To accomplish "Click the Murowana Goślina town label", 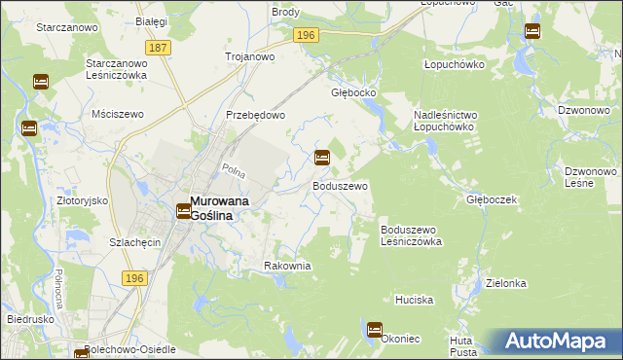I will [x=210, y=207].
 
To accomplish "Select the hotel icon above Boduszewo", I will [x=321, y=157].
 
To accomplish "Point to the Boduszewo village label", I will [x=340, y=185].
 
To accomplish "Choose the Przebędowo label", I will [x=255, y=114].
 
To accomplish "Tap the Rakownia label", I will [x=287, y=266].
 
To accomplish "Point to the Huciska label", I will [x=414, y=300].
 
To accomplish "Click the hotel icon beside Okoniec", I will [x=375, y=330].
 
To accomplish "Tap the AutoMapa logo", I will [x=562, y=342].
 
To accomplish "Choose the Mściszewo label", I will [x=117, y=114].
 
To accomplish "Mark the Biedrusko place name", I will [x=30, y=318].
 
